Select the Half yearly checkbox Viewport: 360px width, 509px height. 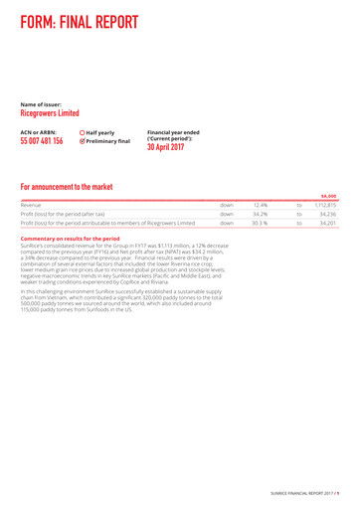tap(82, 132)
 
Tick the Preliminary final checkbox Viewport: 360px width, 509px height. tap(82, 141)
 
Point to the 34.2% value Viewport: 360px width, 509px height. tap(261, 213)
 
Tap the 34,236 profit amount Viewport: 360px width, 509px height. tap(328, 213)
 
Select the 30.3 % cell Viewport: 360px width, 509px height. tap(261, 224)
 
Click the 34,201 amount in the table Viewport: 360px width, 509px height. tap(328, 224)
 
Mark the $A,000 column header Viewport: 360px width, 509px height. tap(329, 196)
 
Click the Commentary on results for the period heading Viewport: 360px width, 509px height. tap(76, 239)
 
